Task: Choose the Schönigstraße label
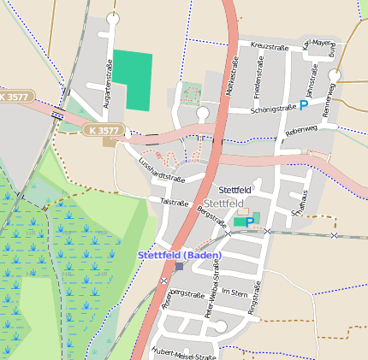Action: click(273, 109)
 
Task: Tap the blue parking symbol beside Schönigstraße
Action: click(303, 105)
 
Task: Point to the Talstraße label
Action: click(174, 203)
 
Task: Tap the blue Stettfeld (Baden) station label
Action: click(181, 255)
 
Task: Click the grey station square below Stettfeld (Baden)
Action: click(179, 266)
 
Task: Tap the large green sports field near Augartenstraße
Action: click(133, 80)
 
